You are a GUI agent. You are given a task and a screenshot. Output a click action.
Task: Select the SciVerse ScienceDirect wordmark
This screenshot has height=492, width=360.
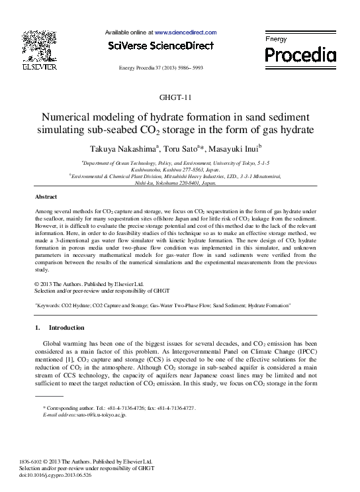[161, 46]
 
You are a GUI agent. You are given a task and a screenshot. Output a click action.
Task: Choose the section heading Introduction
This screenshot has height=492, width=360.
[66, 328]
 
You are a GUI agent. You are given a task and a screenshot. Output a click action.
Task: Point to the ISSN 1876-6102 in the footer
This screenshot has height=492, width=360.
[46, 462]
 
